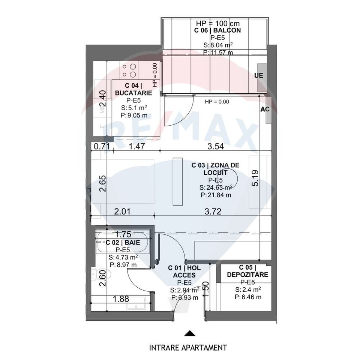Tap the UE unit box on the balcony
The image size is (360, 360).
259,75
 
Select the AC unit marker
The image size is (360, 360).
265,110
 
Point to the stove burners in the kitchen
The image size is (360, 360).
129,70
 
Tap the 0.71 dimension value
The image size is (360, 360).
102,147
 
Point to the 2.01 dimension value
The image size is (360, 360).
122,212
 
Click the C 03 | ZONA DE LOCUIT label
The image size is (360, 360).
215,169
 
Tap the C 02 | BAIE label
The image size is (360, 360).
123,243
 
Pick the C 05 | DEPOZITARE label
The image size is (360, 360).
247,271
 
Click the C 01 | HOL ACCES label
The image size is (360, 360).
181,271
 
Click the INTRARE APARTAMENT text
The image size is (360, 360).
188,348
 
